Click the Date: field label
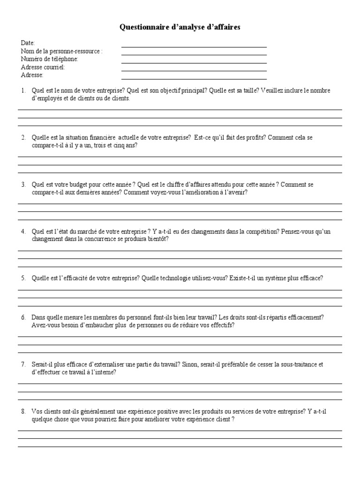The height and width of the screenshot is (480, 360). (x=28, y=43)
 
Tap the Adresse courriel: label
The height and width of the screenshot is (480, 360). (x=43, y=67)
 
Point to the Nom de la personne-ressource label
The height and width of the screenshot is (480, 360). (x=61, y=51)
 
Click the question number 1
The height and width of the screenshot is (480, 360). (x=23, y=90)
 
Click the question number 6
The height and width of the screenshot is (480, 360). (x=23, y=317)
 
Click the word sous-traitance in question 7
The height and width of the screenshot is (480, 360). (x=296, y=364)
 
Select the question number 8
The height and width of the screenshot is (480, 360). (x=23, y=411)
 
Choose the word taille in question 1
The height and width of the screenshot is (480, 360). (x=248, y=90)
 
